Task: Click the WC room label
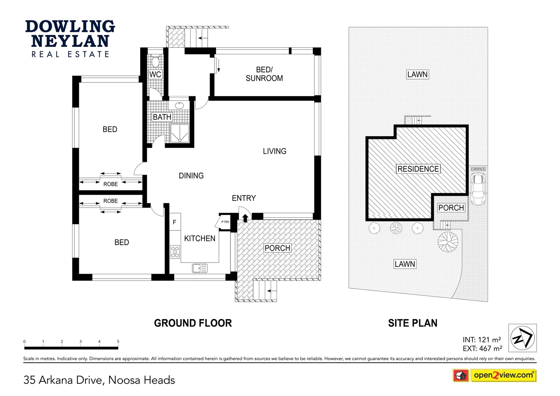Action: tap(155, 74)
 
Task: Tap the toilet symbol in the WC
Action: tap(155, 61)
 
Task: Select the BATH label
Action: tap(162, 117)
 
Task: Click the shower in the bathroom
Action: tap(180, 133)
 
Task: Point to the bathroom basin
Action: tap(179, 106)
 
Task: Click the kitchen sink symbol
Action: tap(200, 268)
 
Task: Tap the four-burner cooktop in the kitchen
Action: tap(175, 252)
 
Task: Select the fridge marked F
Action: tap(175, 222)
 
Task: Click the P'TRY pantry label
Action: tap(225, 222)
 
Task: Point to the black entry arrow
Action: tap(245, 218)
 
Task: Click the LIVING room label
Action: tap(274, 151)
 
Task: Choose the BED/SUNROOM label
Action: tap(264, 74)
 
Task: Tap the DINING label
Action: tap(191, 176)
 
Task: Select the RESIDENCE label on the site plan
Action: tap(418, 169)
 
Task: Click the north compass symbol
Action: tap(522, 338)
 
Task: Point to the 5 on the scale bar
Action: tap(118, 341)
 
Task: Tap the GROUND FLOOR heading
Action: tap(193, 323)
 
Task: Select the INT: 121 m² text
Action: tap(482, 340)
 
